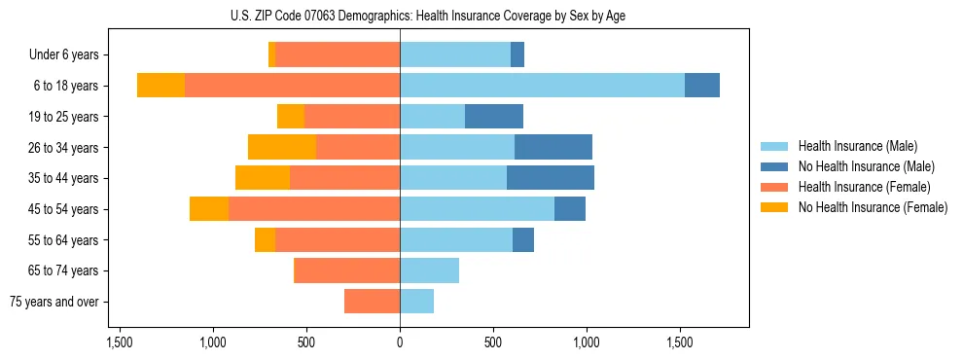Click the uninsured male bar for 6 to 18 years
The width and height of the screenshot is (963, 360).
click(702, 86)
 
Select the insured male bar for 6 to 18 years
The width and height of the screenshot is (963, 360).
click(542, 86)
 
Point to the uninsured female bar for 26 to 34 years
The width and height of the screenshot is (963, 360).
click(282, 147)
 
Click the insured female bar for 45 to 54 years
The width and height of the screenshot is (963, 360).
click(314, 209)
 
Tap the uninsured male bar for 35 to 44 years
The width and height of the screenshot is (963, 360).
click(551, 178)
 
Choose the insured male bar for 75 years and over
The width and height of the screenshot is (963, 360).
click(416, 302)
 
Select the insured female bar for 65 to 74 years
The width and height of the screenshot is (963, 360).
click(346, 270)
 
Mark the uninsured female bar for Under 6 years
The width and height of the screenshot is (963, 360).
click(271, 54)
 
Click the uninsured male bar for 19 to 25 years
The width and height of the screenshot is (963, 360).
click(494, 117)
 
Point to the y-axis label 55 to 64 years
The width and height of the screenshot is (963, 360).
click(63, 240)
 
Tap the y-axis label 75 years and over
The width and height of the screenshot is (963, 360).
click(53, 302)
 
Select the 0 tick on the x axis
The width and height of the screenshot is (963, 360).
click(400, 343)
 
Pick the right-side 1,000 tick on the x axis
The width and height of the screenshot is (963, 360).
click(587, 343)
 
